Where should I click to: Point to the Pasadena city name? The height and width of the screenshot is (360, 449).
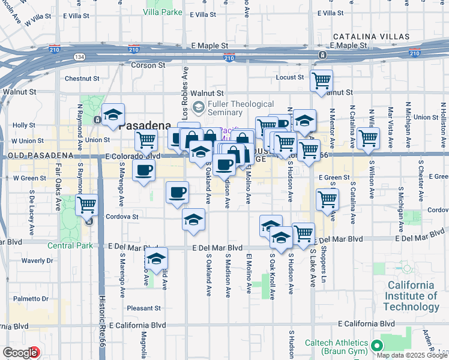(x=145, y=126)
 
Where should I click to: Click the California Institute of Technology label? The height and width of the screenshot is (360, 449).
(x=412, y=296)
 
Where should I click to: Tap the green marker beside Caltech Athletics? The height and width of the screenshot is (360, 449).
(x=377, y=346)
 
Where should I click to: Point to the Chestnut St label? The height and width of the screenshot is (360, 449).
(x=82, y=78)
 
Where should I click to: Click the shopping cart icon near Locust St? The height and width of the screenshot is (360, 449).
(x=322, y=80)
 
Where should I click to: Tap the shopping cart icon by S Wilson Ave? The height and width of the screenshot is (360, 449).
(x=368, y=138)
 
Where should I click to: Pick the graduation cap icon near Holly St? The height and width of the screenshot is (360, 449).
(x=113, y=115)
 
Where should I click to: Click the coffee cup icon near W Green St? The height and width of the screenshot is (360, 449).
(x=143, y=172)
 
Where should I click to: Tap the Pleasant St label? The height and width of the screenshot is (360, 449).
(x=145, y=308)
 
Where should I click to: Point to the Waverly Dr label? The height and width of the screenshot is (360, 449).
(x=37, y=260)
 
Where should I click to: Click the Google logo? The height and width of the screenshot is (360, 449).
(x=20, y=353)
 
